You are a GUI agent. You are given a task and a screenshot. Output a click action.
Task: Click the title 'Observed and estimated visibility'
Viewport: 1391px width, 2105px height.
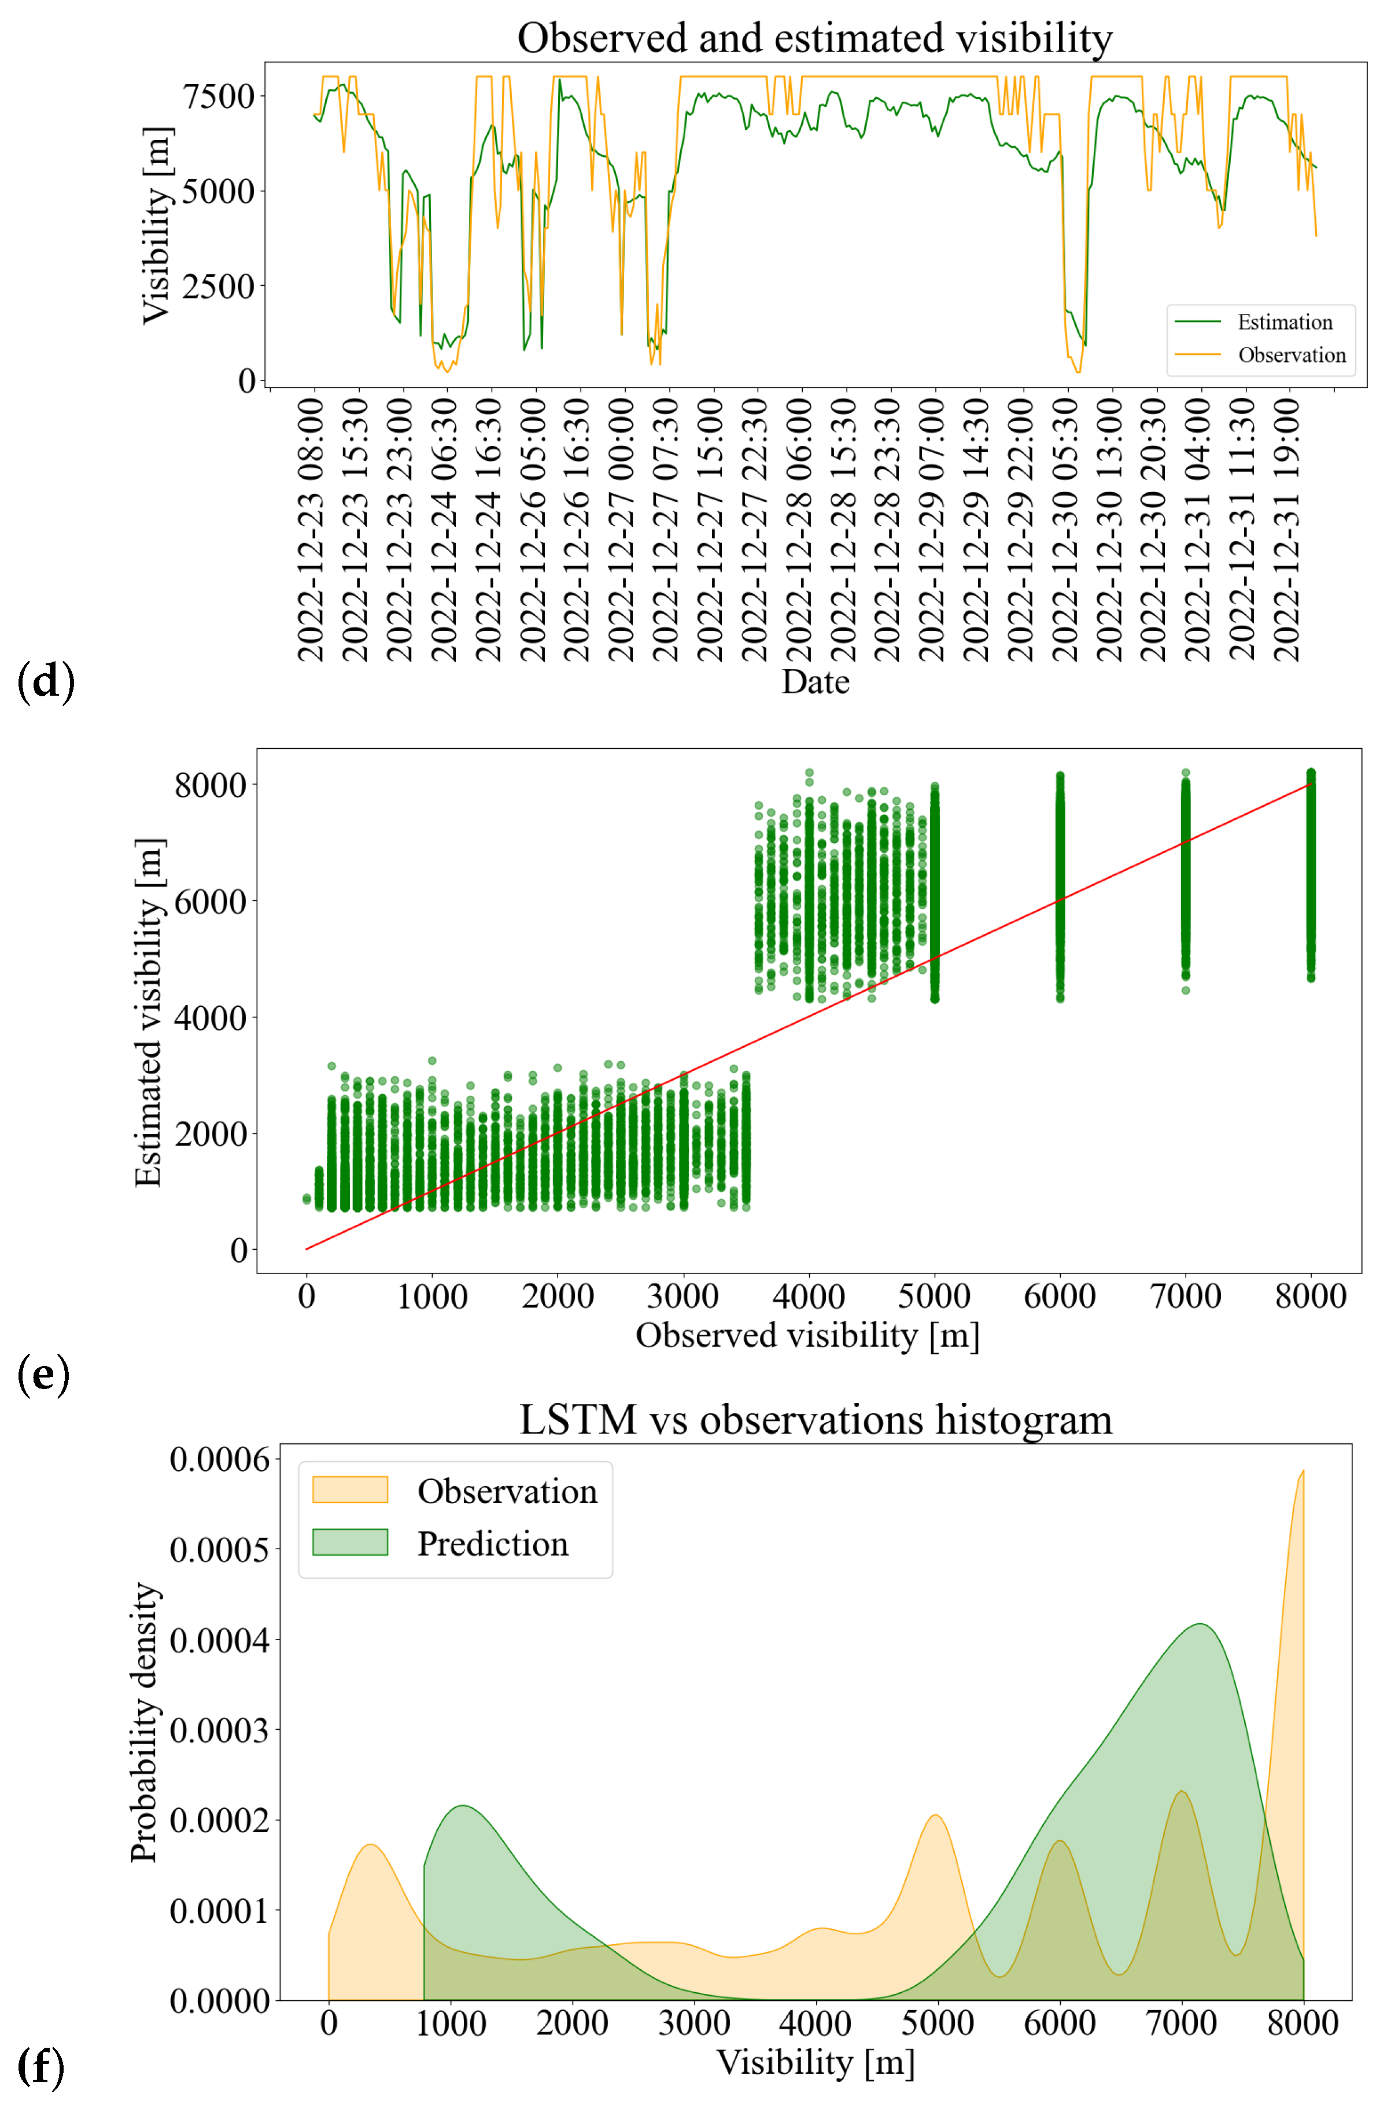click(x=814, y=38)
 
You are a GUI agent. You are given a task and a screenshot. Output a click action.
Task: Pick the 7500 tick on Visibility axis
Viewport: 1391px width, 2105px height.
click(x=218, y=96)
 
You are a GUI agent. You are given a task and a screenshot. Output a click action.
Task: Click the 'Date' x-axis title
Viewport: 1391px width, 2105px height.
click(x=814, y=681)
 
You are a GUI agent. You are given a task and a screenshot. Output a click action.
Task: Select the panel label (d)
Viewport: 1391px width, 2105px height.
click(x=45, y=681)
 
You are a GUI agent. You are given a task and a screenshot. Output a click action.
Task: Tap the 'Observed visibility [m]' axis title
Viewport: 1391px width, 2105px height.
click(x=807, y=1335)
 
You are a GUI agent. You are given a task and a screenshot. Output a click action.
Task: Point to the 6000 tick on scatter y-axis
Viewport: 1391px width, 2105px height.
click(x=211, y=901)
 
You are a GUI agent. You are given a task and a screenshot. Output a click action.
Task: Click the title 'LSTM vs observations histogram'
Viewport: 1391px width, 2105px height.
click(x=814, y=1420)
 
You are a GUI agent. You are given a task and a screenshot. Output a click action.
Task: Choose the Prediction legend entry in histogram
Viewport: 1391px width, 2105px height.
click(x=492, y=1543)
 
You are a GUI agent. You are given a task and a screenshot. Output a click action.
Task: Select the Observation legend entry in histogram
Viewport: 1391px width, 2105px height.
click(x=507, y=1491)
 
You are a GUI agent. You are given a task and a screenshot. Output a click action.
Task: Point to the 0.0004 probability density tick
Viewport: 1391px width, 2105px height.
click(x=219, y=1640)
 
